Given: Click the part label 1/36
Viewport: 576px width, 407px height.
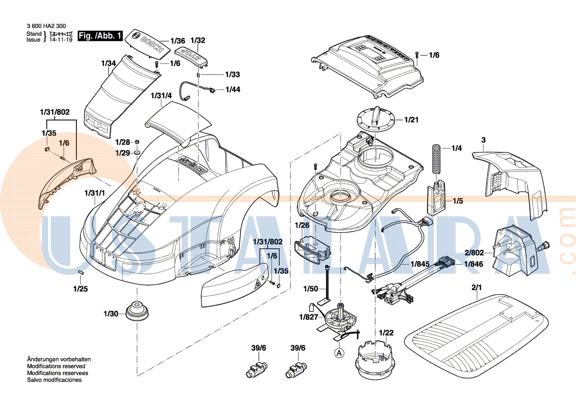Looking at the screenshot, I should [x=178, y=41].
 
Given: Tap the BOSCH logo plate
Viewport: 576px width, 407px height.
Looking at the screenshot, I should [x=147, y=42].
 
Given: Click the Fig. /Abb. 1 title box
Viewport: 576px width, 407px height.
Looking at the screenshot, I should [x=100, y=35].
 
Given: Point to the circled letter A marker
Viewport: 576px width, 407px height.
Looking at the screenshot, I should [x=339, y=352].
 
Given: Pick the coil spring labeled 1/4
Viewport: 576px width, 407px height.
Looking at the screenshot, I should [x=436, y=158].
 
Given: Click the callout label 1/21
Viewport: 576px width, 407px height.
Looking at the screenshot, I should [x=411, y=120].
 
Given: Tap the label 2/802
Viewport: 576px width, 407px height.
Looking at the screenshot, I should [x=474, y=252].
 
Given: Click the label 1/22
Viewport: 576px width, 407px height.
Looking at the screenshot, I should [x=386, y=333].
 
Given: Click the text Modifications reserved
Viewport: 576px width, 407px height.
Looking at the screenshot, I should [x=56, y=366].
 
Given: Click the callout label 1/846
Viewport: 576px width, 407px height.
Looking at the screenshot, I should [x=474, y=264].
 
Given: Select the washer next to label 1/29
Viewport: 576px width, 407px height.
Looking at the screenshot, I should [x=137, y=153].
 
